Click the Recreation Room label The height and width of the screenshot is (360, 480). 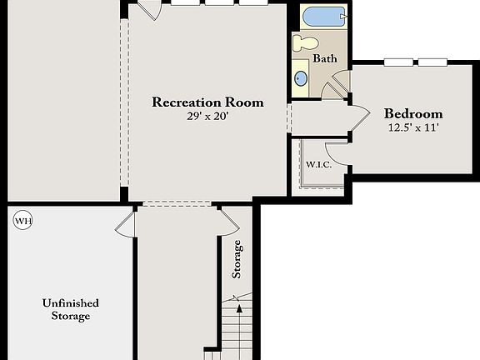(207, 102)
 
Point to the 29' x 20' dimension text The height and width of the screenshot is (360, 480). (207, 117)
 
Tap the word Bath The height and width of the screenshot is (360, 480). (325, 58)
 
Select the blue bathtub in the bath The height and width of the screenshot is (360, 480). (322, 17)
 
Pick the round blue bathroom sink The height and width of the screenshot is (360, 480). (301, 79)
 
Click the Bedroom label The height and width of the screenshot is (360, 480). (413, 114)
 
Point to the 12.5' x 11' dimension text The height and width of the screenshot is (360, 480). (413, 128)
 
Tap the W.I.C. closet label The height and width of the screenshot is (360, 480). (318, 164)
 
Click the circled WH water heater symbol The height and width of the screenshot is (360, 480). (22, 221)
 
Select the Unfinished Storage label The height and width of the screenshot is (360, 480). (71, 309)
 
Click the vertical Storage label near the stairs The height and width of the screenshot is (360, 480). (238, 258)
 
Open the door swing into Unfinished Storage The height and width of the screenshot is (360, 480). (125, 223)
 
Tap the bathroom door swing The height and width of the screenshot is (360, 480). (337, 86)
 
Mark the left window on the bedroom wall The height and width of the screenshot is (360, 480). (397, 62)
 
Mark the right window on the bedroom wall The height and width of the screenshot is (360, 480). (431, 62)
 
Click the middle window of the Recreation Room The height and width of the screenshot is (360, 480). (219, 2)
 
